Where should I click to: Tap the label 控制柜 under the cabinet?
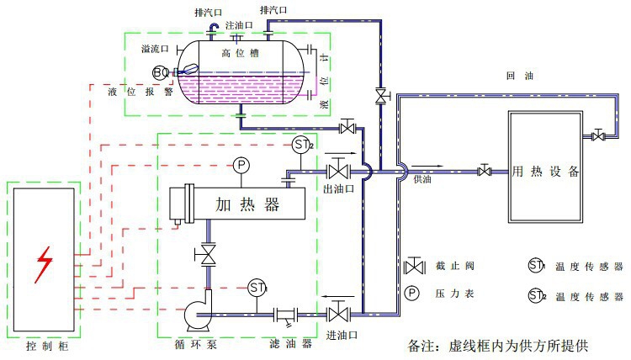pyautogui.click(x=44, y=345)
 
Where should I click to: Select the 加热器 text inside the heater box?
pyautogui.click(x=247, y=204)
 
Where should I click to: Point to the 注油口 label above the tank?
pyautogui.click(x=238, y=25)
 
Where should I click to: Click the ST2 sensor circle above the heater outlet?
pyautogui.click(x=303, y=145)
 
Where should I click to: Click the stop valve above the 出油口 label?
pyautogui.click(x=338, y=172)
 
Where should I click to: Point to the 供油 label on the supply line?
pyautogui.click(x=422, y=179)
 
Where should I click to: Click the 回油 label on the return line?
pyautogui.click(x=514, y=76)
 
